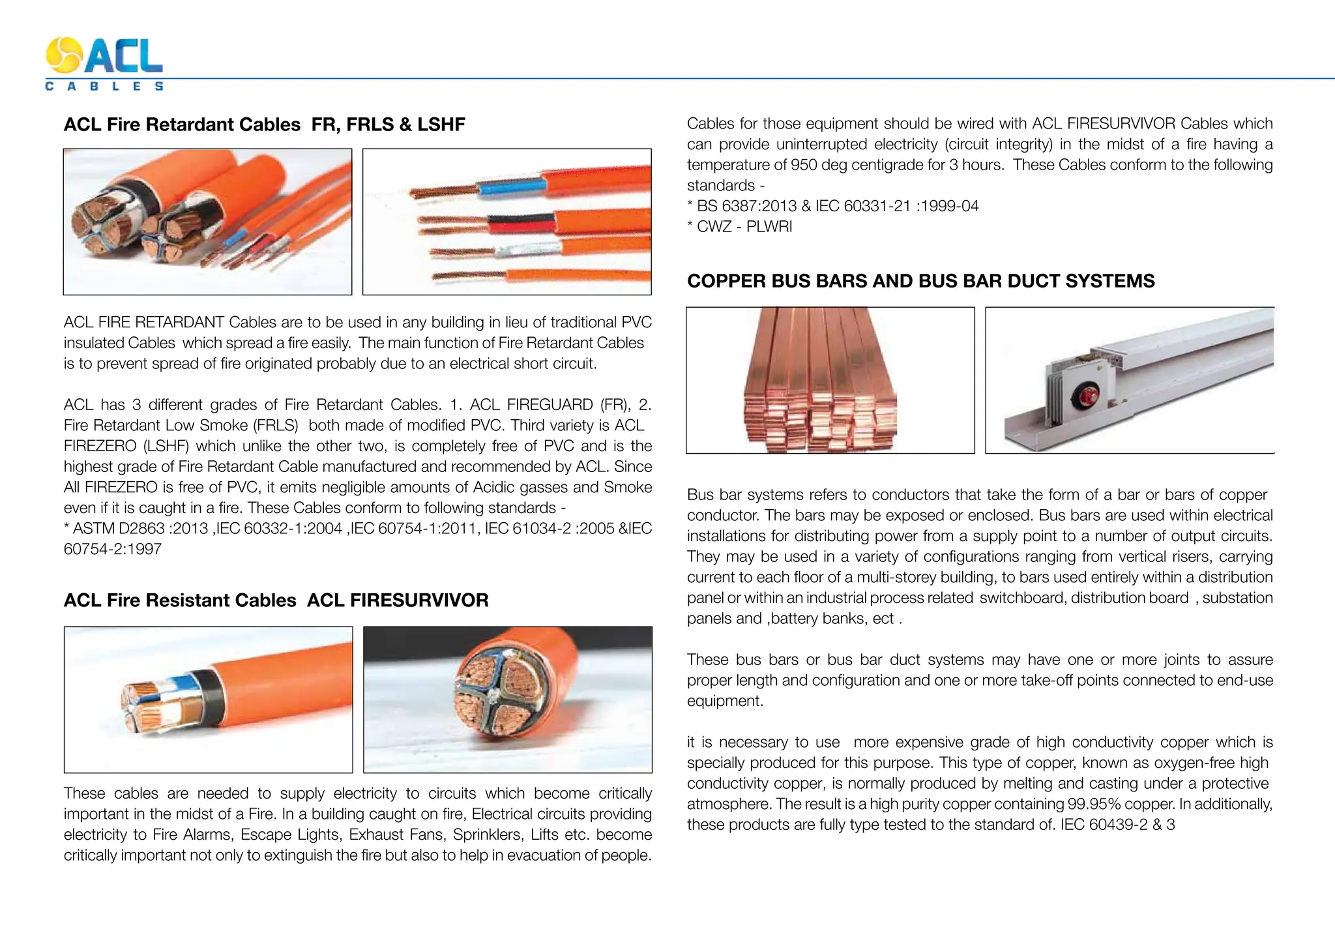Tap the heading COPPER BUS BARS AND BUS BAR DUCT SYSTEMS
[x=920, y=281]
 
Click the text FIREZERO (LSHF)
[x=127, y=446]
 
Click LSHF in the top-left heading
[x=441, y=125]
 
